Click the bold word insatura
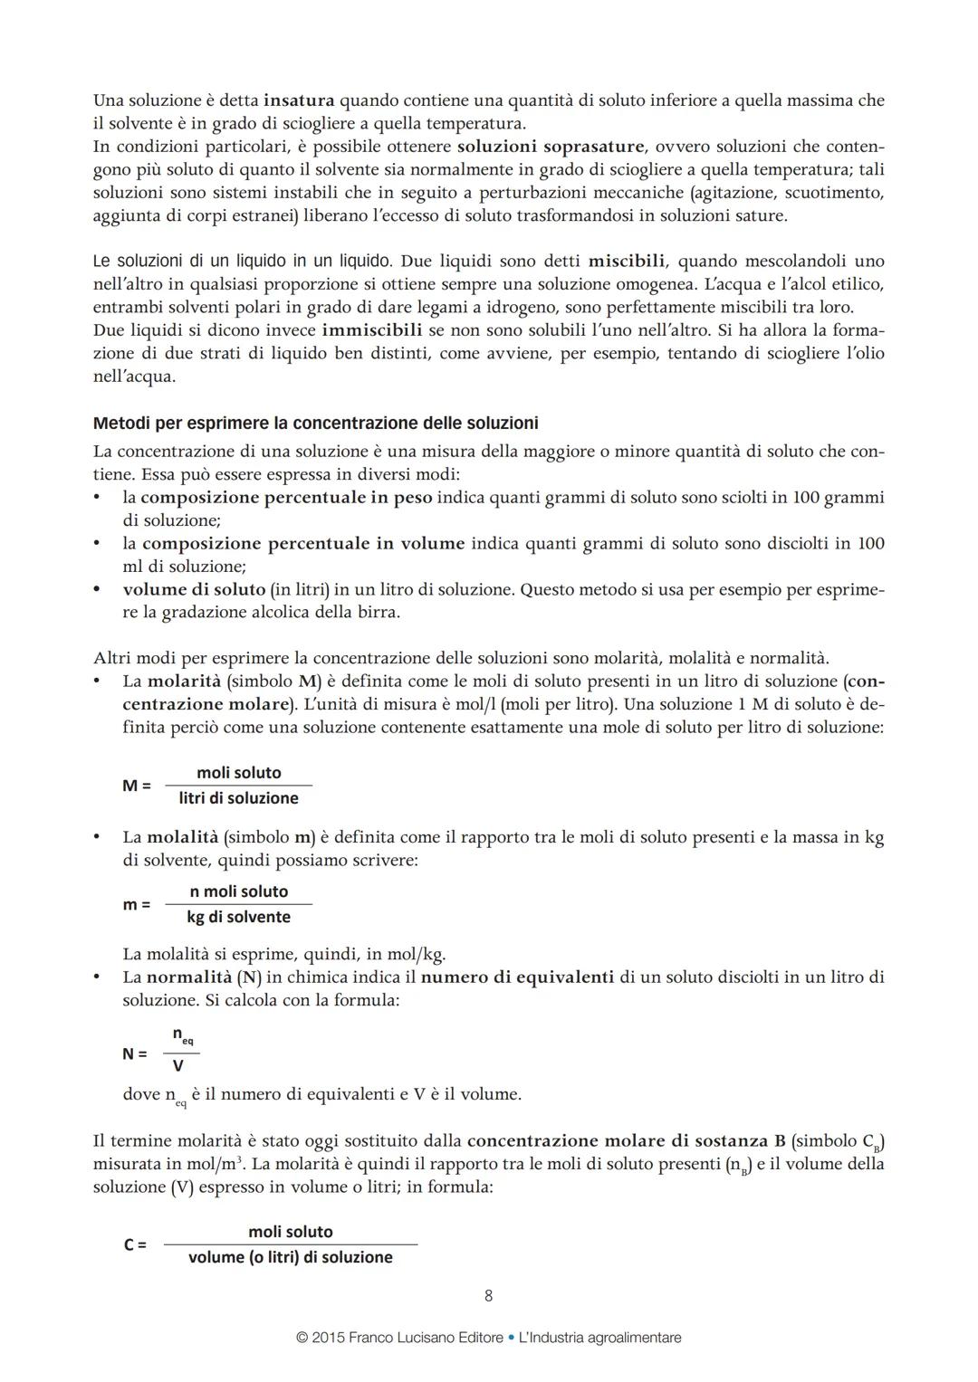click(x=299, y=100)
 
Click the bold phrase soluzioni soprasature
click(x=551, y=147)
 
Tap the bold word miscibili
click(x=627, y=262)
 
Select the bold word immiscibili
click(x=372, y=330)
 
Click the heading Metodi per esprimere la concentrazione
click(x=315, y=423)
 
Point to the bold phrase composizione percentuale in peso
click(x=286, y=497)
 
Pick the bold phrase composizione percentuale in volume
click(x=303, y=543)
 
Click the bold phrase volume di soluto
click(x=194, y=589)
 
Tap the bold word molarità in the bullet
click(x=184, y=681)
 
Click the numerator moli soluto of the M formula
click(x=239, y=773)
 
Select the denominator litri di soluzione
click(x=239, y=798)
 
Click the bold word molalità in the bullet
click(x=183, y=837)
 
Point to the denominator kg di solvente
click(x=239, y=917)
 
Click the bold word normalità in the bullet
click(x=188, y=977)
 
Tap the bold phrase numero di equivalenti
click(x=518, y=977)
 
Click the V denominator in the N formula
click(x=178, y=1066)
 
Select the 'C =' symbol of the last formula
click(x=135, y=1244)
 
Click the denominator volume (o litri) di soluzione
click(x=291, y=1257)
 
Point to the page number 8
click(x=489, y=1296)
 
